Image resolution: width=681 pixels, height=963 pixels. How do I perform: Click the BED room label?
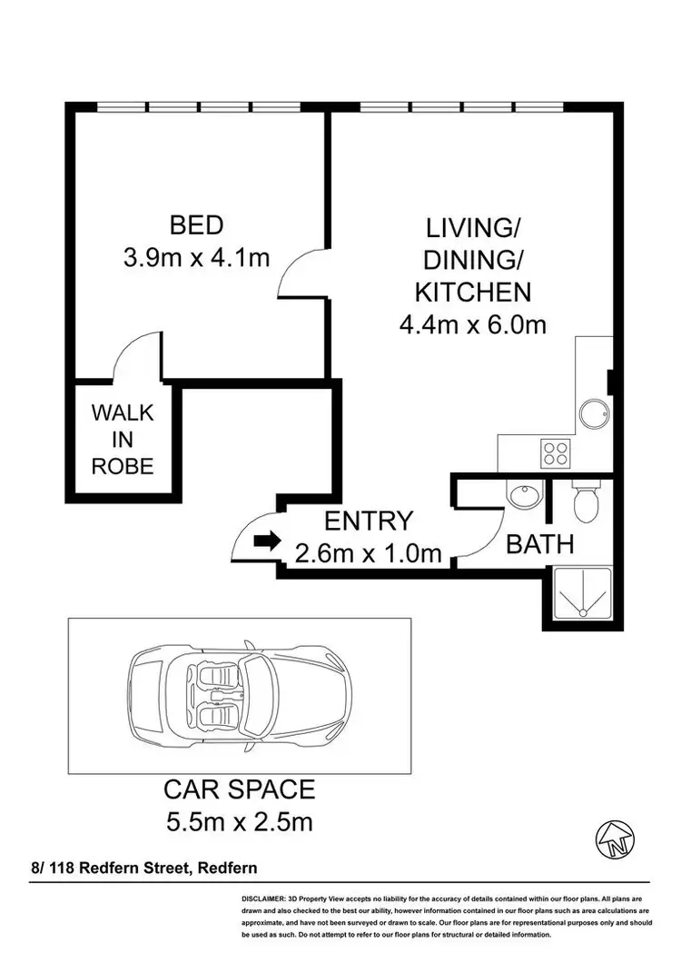click(196, 224)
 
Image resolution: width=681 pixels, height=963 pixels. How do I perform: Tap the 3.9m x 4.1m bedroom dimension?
click(196, 257)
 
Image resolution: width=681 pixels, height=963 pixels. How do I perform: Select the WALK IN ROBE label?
click(123, 440)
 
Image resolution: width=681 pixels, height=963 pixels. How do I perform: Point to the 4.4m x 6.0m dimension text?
click(472, 324)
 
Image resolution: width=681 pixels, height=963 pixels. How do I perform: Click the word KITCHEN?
click(472, 292)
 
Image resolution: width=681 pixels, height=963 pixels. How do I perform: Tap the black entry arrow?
click(267, 541)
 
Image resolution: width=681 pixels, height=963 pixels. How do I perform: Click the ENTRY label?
click(369, 521)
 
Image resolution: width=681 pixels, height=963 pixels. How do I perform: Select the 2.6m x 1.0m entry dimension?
click(369, 552)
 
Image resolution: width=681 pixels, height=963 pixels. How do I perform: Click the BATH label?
click(539, 545)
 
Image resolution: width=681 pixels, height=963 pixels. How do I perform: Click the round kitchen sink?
click(596, 413)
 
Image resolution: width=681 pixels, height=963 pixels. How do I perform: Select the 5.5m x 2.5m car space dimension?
click(239, 823)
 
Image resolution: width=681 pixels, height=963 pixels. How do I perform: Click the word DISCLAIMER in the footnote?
click(264, 898)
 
